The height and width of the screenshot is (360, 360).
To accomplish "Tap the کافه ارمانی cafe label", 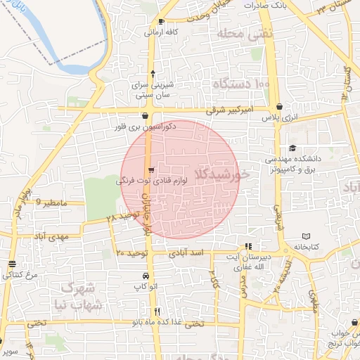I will click(160, 32).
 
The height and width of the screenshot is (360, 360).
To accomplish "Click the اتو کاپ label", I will click(145, 288).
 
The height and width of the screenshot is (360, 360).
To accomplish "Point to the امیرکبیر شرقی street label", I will click(233, 110).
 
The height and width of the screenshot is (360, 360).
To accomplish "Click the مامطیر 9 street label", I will click(53, 202).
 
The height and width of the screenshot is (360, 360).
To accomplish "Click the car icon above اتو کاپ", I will click(145, 276).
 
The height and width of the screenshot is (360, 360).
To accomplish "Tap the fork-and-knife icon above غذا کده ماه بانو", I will click(157, 311).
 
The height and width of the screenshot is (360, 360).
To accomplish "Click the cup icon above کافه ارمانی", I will click(161, 21).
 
